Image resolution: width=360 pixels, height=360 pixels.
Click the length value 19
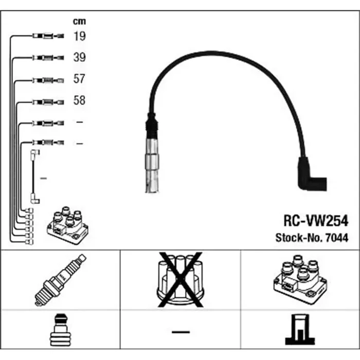pyautogui.click(x=79, y=36)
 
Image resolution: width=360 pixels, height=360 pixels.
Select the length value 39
pyautogui.click(x=79, y=58)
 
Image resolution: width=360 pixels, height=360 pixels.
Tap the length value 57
pyautogui.click(x=79, y=79)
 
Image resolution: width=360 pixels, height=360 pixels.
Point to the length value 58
pyautogui.click(x=79, y=101)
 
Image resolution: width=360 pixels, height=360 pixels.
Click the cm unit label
pyautogui.click(x=79, y=22)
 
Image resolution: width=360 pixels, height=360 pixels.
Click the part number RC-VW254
pyautogui.click(x=316, y=221)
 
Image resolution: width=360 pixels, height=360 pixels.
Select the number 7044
pyautogui.click(x=338, y=238)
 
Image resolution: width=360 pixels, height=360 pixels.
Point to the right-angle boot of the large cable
pyautogui.click(x=312, y=175)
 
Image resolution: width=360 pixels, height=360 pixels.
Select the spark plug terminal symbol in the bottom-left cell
pyautogui.click(x=60, y=332)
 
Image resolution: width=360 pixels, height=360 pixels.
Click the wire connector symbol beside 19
pyautogui.click(x=48, y=36)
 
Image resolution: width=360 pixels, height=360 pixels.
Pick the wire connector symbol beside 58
pyautogui.click(x=48, y=102)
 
